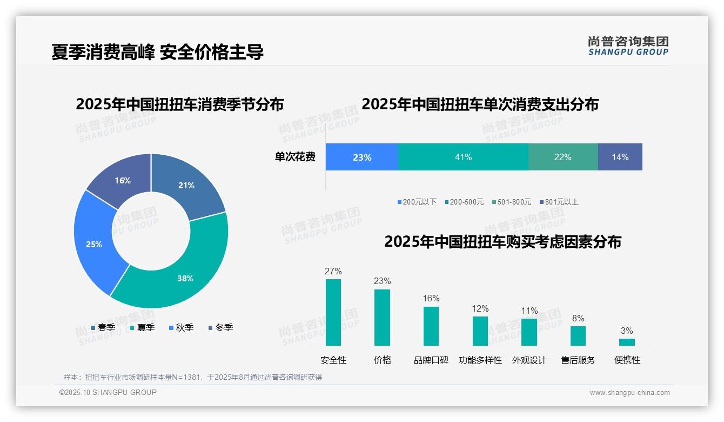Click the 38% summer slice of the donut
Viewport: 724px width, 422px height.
click(x=178, y=271)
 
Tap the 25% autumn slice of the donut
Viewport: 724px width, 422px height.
click(x=95, y=243)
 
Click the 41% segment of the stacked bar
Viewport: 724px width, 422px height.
click(x=463, y=157)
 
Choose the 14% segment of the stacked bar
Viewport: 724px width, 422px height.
click(x=620, y=157)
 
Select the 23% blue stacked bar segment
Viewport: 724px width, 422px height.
click(x=361, y=157)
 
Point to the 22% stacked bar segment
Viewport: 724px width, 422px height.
click(x=563, y=157)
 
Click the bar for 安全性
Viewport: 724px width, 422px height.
click(x=333, y=312)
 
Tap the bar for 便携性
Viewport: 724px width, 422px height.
click(x=627, y=342)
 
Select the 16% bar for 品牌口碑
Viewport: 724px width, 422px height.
click(x=431, y=326)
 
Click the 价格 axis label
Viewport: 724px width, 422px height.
click(x=383, y=360)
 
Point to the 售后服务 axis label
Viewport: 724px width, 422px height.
click(x=578, y=360)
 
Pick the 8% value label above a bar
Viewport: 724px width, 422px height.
click(x=578, y=319)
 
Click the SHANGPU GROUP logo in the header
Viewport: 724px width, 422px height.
click(x=628, y=46)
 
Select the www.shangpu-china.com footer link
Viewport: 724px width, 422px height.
click(x=629, y=392)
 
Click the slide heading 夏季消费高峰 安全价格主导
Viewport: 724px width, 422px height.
click(x=158, y=52)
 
